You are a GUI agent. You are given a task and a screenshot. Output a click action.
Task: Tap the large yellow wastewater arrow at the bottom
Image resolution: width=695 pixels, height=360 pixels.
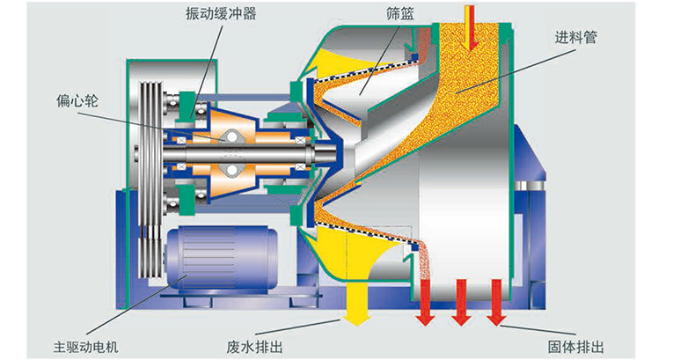pos(355,299)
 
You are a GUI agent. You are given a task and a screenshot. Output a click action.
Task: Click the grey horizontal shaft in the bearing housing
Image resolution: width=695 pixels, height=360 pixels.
pos(264,161)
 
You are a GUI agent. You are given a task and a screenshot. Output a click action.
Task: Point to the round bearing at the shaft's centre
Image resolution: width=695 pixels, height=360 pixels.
pos(231,145)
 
